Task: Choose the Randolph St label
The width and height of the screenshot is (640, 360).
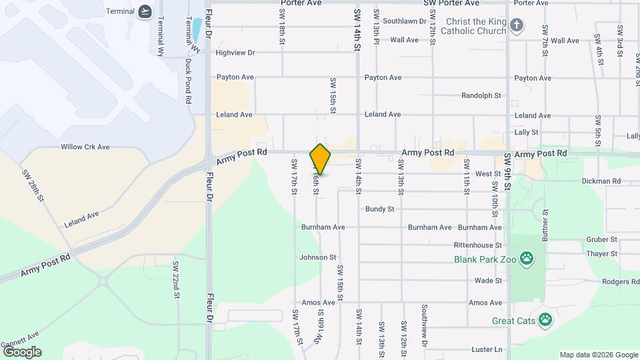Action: (481, 95)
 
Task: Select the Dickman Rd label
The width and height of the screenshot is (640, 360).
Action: (601, 181)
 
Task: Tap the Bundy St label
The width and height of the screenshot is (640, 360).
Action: (379, 209)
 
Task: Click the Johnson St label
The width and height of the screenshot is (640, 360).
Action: (317, 257)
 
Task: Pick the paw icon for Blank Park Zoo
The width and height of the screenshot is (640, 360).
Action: (527, 257)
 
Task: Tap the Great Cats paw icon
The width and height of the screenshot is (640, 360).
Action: (546, 319)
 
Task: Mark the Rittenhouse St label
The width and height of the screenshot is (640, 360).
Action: (477, 245)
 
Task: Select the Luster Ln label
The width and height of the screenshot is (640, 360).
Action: (486, 349)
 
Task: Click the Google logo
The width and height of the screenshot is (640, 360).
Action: (22, 351)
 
